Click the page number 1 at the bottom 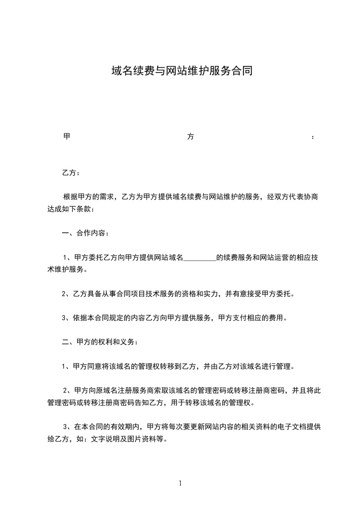(180, 483)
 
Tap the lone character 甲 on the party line (66, 137)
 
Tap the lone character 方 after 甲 (191, 137)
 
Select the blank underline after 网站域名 (199, 258)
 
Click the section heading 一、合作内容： (84, 233)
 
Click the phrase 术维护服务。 (68, 269)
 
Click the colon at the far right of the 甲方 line (313, 137)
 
